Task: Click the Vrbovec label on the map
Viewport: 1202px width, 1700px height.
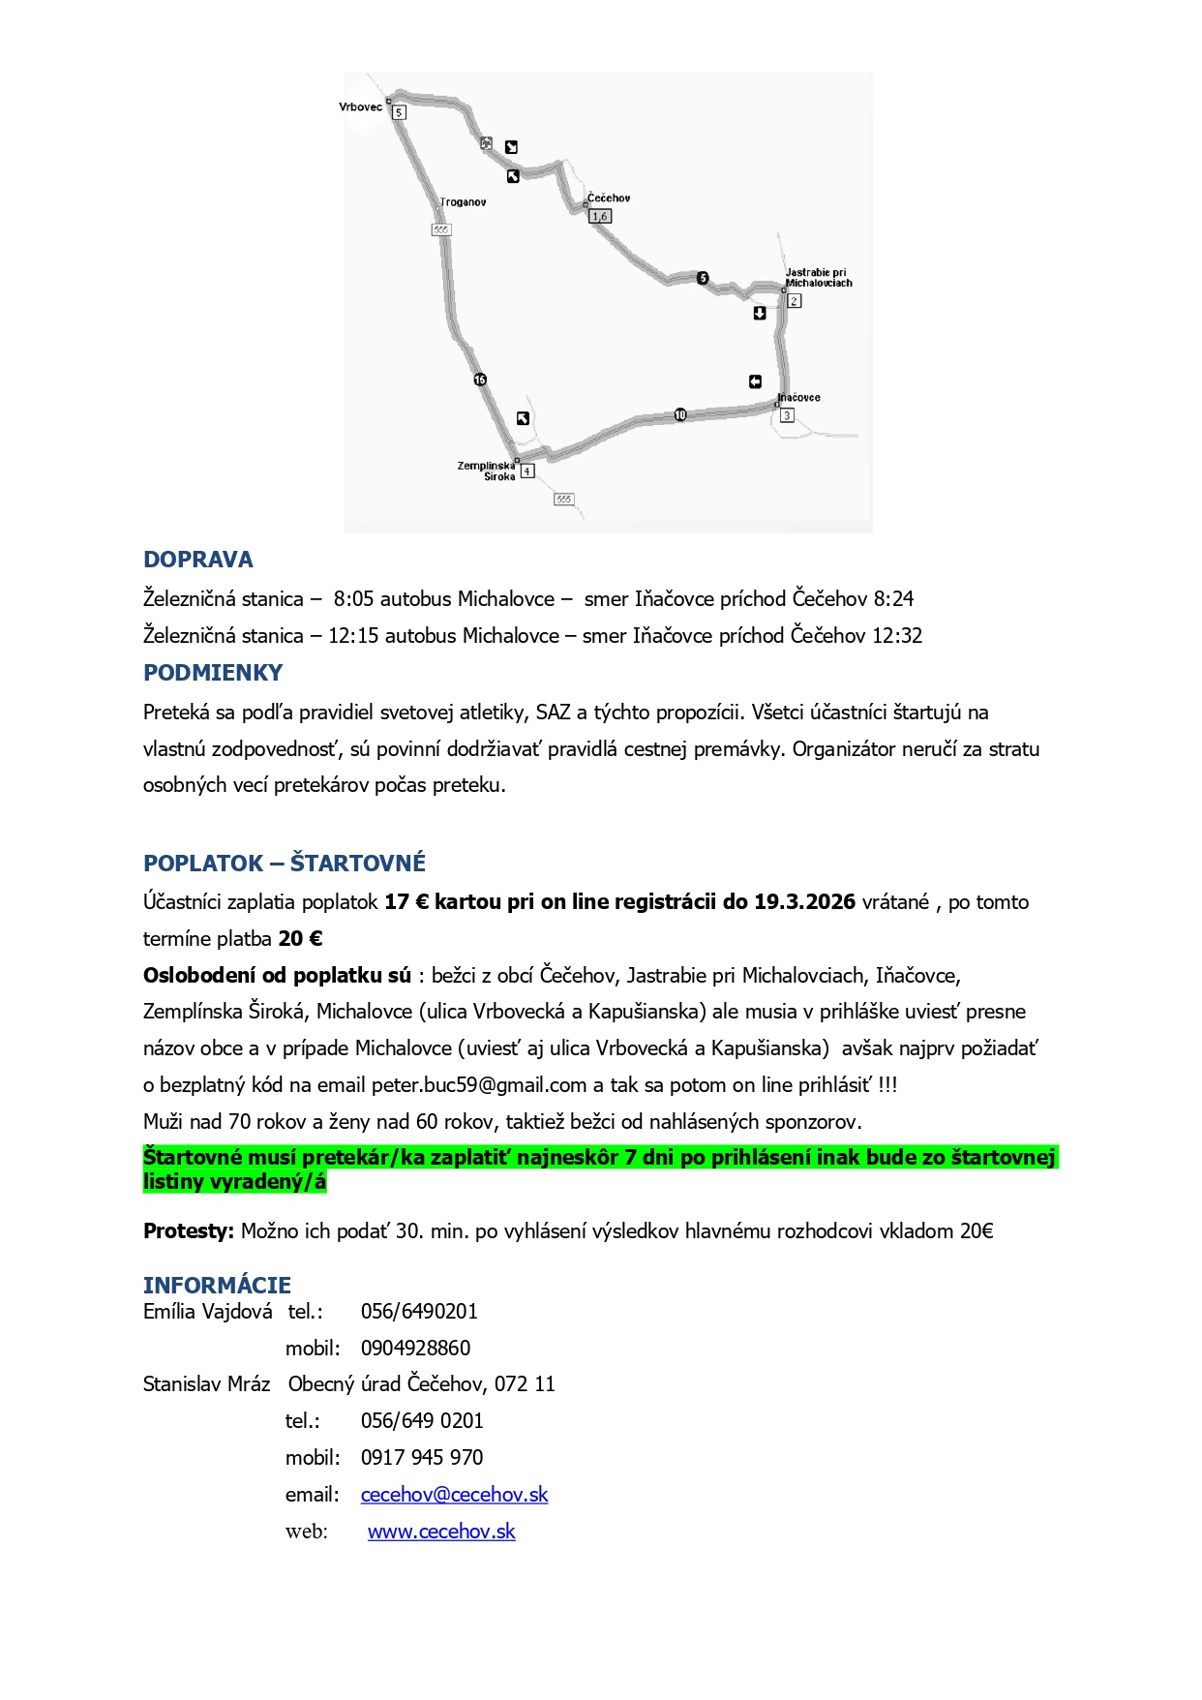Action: (x=360, y=107)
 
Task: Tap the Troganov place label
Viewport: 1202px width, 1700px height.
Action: (x=463, y=202)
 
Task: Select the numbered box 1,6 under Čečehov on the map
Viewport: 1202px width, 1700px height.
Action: (x=600, y=217)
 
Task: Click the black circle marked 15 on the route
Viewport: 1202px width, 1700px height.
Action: (x=480, y=379)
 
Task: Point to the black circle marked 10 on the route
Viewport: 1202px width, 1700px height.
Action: (x=680, y=415)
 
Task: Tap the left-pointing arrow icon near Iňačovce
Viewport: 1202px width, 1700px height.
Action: (x=755, y=381)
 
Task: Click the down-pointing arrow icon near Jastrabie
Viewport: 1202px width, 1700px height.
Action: (x=760, y=313)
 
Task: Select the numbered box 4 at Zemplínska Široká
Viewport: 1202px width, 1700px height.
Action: (x=527, y=471)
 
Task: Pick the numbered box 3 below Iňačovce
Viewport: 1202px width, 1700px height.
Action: (x=787, y=415)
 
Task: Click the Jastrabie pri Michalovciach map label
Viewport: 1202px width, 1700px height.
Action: (x=818, y=278)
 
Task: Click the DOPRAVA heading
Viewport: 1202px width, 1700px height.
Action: (x=197, y=560)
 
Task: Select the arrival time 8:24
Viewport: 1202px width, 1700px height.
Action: (x=893, y=599)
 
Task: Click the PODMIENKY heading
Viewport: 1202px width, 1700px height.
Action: (x=213, y=673)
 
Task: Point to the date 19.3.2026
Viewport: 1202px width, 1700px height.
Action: (x=804, y=902)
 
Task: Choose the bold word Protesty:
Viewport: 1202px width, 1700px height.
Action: (x=189, y=1231)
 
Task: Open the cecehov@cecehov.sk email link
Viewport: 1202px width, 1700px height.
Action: (x=454, y=1495)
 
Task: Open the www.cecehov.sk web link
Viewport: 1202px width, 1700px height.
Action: (x=441, y=1532)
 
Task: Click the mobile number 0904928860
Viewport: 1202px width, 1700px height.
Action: (x=415, y=1349)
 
